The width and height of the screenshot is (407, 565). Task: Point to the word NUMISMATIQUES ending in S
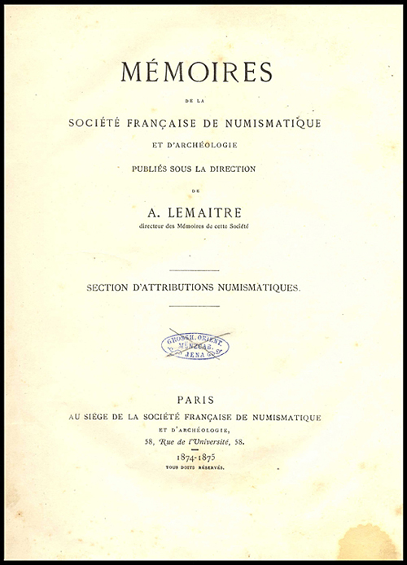(264, 287)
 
